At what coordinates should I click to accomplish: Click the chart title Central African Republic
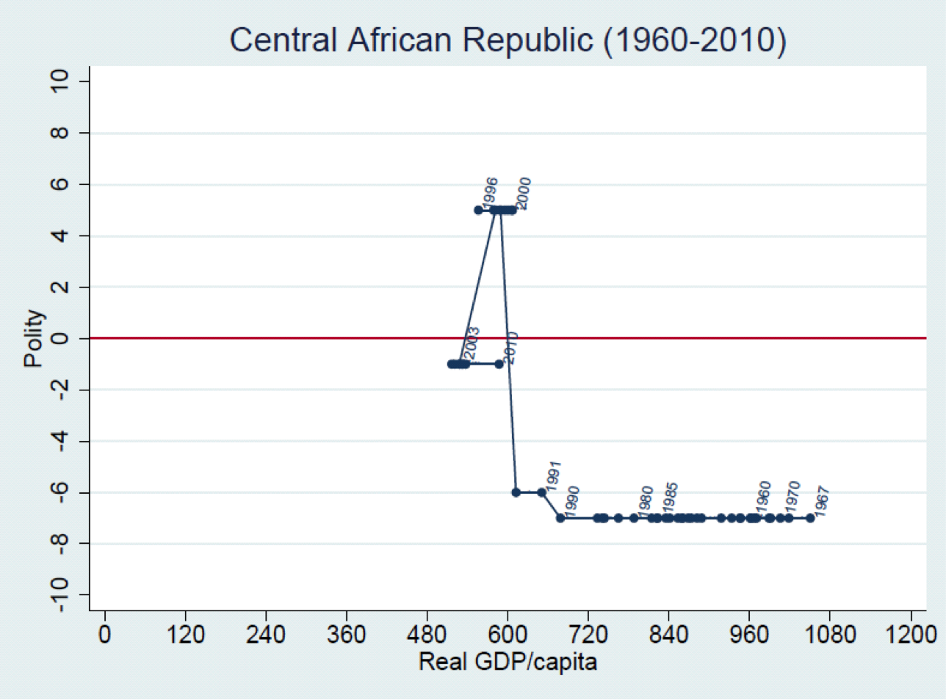tap(507, 40)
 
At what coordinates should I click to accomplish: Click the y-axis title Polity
tap(34, 338)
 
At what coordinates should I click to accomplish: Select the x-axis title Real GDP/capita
tap(508, 662)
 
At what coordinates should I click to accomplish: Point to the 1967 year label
tap(822, 501)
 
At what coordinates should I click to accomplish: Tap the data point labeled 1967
tap(810, 518)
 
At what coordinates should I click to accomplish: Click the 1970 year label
tap(792, 497)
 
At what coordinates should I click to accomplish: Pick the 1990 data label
tap(573, 501)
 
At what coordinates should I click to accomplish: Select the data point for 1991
tap(542, 492)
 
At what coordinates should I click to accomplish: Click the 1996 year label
tap(491, 192)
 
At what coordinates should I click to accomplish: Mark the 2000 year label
tap(524, 193)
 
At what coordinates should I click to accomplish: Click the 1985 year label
tap(670, 497)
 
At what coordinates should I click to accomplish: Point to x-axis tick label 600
tap(508, 634)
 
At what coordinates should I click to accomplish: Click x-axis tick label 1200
tap(911, 634)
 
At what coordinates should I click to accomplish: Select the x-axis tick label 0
tap(105, 634)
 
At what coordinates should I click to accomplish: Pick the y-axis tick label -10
tap(59, 594)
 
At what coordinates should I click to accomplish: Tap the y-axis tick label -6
tap(59, 492)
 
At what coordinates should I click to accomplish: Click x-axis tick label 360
tap(346, 634)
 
